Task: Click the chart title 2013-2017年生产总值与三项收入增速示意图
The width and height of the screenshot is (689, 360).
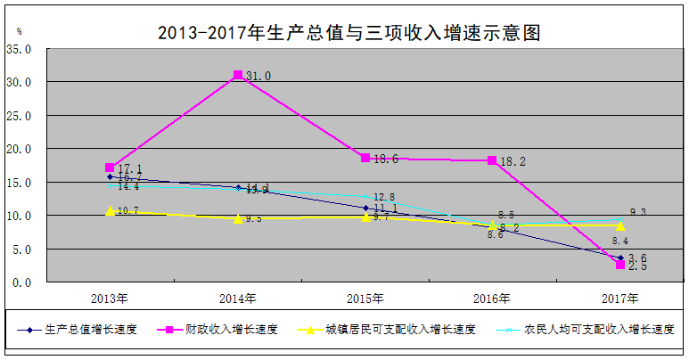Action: [x=349, y=34]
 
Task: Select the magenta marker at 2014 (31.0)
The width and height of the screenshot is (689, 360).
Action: [x=238, y=76]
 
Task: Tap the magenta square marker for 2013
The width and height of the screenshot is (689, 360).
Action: [x=110, y=168]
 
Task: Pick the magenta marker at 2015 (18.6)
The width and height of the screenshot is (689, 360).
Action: [x=365, y=158]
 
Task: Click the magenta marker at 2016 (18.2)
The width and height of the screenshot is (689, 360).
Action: [x=492, y=160]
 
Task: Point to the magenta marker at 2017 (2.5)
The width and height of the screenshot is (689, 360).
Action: [x=619, y=265]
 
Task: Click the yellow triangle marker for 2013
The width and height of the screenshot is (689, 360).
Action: [x=110, y=211]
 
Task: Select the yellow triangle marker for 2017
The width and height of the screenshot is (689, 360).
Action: [x=619, y=225]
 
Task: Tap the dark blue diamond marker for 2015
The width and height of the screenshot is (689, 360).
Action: [x=365, y=208]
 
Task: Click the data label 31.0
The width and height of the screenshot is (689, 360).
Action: [x=258, y=77]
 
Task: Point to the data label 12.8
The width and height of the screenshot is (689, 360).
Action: [x=383, y=197]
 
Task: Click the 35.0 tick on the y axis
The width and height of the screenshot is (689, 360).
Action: [x=19, y=49]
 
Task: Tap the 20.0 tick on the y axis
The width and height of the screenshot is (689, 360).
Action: [x=19, y=149]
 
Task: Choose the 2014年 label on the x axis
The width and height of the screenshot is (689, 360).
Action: [x=237, y=298]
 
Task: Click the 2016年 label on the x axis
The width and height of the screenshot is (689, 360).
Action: [x=492, y=298]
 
